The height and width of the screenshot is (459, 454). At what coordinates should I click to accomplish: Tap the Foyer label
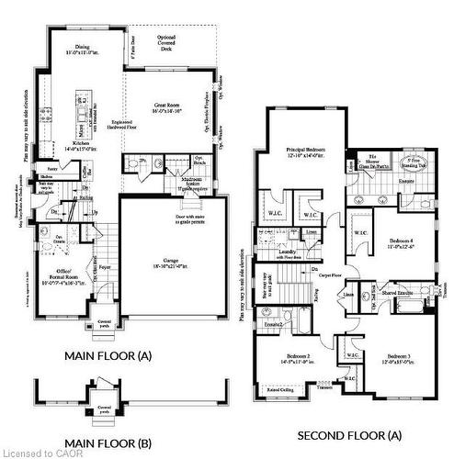click(105, 269)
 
